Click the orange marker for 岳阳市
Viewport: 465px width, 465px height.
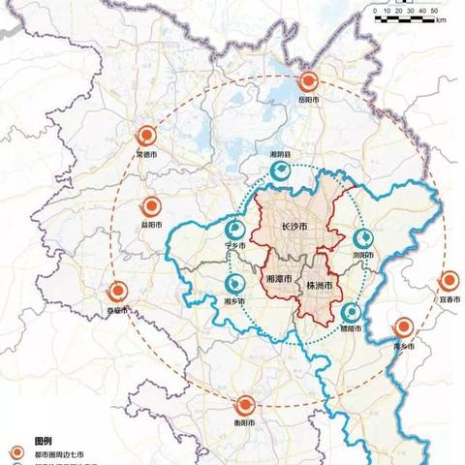coord(308,82)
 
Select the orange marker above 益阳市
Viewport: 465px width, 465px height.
coord(151,206)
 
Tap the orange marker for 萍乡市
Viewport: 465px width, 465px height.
coord(405,327)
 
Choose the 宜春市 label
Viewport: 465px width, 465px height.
coord(449,299)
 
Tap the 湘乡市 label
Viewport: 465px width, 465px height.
coord(234,301)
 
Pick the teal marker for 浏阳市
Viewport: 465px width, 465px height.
coord(363,238)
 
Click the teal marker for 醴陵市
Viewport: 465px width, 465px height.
coord(352,312)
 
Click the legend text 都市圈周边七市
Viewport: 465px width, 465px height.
coord(61,451)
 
